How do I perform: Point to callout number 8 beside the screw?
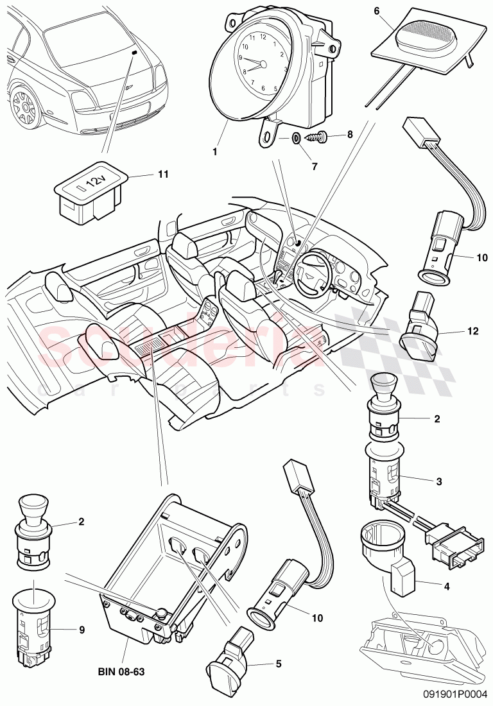(350, 135)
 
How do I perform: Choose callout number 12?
(473, 332)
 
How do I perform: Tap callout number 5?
(278, 664)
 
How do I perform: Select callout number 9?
(82, 630)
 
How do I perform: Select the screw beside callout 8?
(318, 137)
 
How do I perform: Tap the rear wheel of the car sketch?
(23, 106)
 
